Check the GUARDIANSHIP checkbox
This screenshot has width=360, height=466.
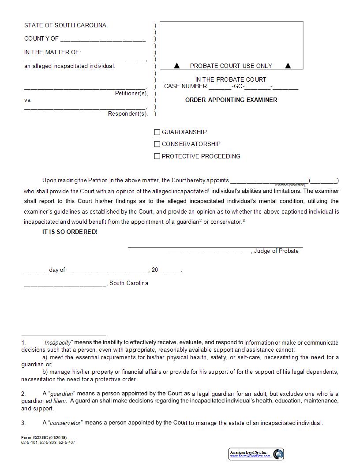(x=157, y=132)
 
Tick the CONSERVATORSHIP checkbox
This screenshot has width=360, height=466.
(x=157, y=144)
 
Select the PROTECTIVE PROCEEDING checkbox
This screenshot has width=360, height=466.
(x=157, y=156)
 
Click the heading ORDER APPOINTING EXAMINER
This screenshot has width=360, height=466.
(x=231, y=100)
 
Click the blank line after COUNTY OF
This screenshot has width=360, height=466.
(x=103, y=39)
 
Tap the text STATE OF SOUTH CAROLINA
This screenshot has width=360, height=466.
(x=65, y=25)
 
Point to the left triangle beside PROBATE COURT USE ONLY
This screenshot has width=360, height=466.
(x=177, y=66)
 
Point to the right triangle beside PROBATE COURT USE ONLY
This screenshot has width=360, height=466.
(x=288, y=66)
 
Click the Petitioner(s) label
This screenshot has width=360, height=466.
(x=131, y=94)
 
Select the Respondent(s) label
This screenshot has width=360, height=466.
(x=127, y=114)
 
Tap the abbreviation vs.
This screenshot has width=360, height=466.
(x=28, y=100)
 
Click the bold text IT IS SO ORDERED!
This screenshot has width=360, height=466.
(x=70, y=232)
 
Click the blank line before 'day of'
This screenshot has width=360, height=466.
(x=35, y=271)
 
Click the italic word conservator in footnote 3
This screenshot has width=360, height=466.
(x=65, y=423)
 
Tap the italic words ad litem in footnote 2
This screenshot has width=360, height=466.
(x=56, y=401)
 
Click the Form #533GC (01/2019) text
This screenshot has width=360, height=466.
(x=44, y=438)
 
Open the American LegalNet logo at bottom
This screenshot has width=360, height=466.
(x=256, y=454)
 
